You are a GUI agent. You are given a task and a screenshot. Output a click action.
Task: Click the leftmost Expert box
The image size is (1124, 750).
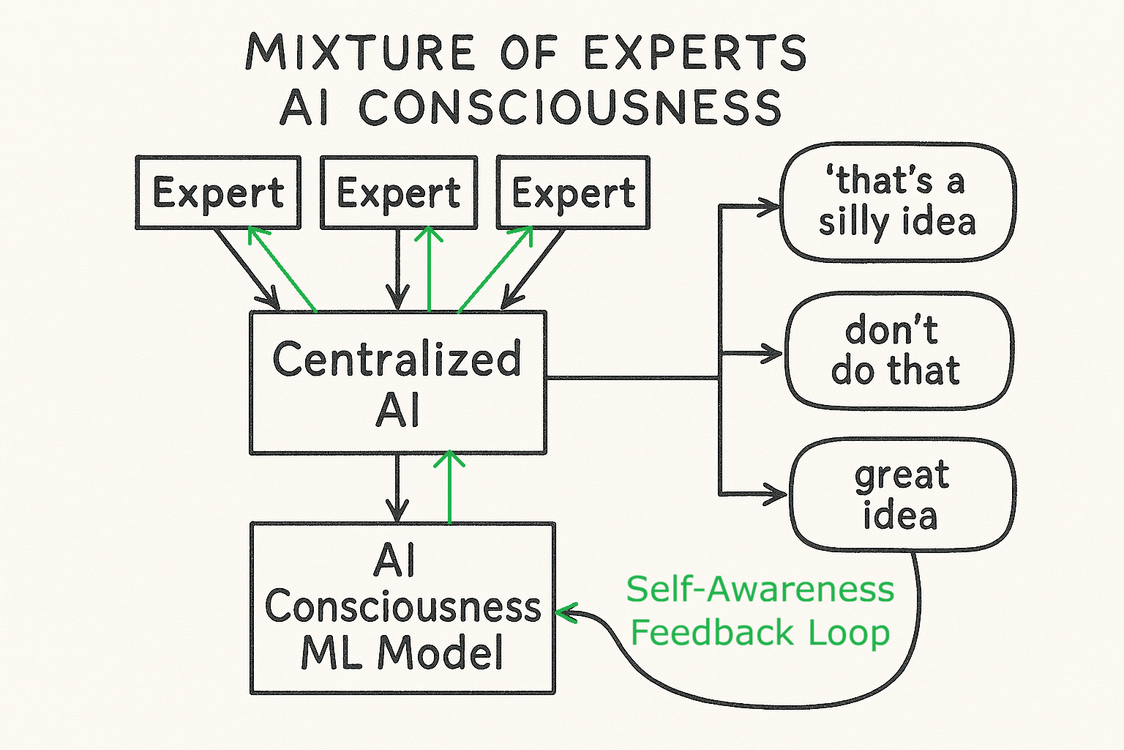coord(218,193)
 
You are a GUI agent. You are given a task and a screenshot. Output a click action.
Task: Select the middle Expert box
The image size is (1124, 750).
coord(399,193)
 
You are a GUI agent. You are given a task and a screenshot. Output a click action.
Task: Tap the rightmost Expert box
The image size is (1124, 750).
coord(573,193)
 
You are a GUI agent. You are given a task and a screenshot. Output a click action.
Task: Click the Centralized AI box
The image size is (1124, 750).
coord(398,382)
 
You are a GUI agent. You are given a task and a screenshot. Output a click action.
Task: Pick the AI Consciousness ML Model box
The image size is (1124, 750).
coord(402,607)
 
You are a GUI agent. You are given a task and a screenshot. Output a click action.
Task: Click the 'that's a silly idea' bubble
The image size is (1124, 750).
coord(897,201)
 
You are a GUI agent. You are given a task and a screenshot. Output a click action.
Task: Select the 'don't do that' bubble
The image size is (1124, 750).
coord(897,350)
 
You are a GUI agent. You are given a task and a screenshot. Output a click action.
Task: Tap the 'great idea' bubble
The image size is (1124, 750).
coord(902,495)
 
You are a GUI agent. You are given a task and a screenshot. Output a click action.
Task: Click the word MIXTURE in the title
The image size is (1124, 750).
coord(359,53)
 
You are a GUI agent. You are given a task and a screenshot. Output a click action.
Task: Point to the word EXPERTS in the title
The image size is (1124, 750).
coord(695,53)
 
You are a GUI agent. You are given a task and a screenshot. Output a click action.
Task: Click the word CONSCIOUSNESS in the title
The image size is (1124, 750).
coord(571,108)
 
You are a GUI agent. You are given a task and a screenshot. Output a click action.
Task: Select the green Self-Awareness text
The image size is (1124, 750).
coord(760,590)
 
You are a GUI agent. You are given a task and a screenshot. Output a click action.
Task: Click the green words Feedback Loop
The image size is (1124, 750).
coord(760,633)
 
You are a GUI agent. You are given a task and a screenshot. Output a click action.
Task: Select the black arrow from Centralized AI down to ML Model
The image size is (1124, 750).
coord(397,488)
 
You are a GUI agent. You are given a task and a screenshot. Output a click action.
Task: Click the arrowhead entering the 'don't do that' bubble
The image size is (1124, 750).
coord(773,354)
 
